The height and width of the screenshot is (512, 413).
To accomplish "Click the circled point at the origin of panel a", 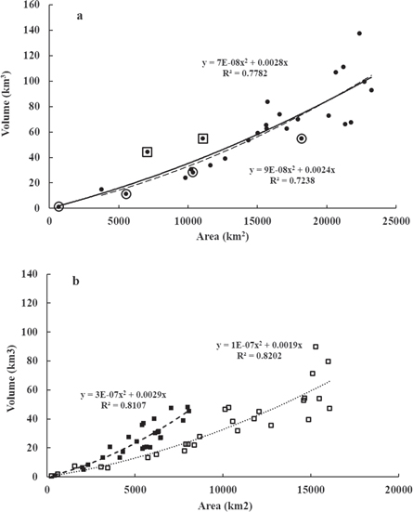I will click(58, 206).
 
